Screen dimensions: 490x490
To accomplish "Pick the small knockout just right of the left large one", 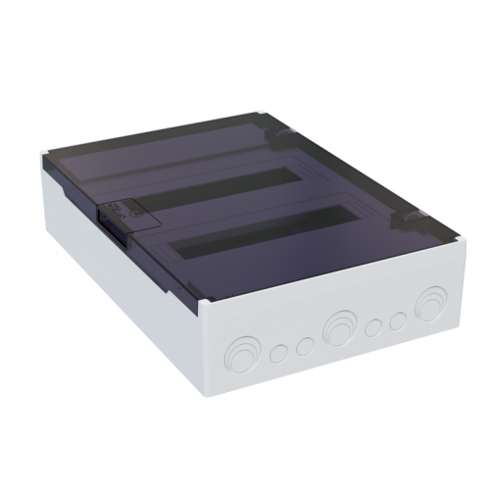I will coord(279,350).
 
